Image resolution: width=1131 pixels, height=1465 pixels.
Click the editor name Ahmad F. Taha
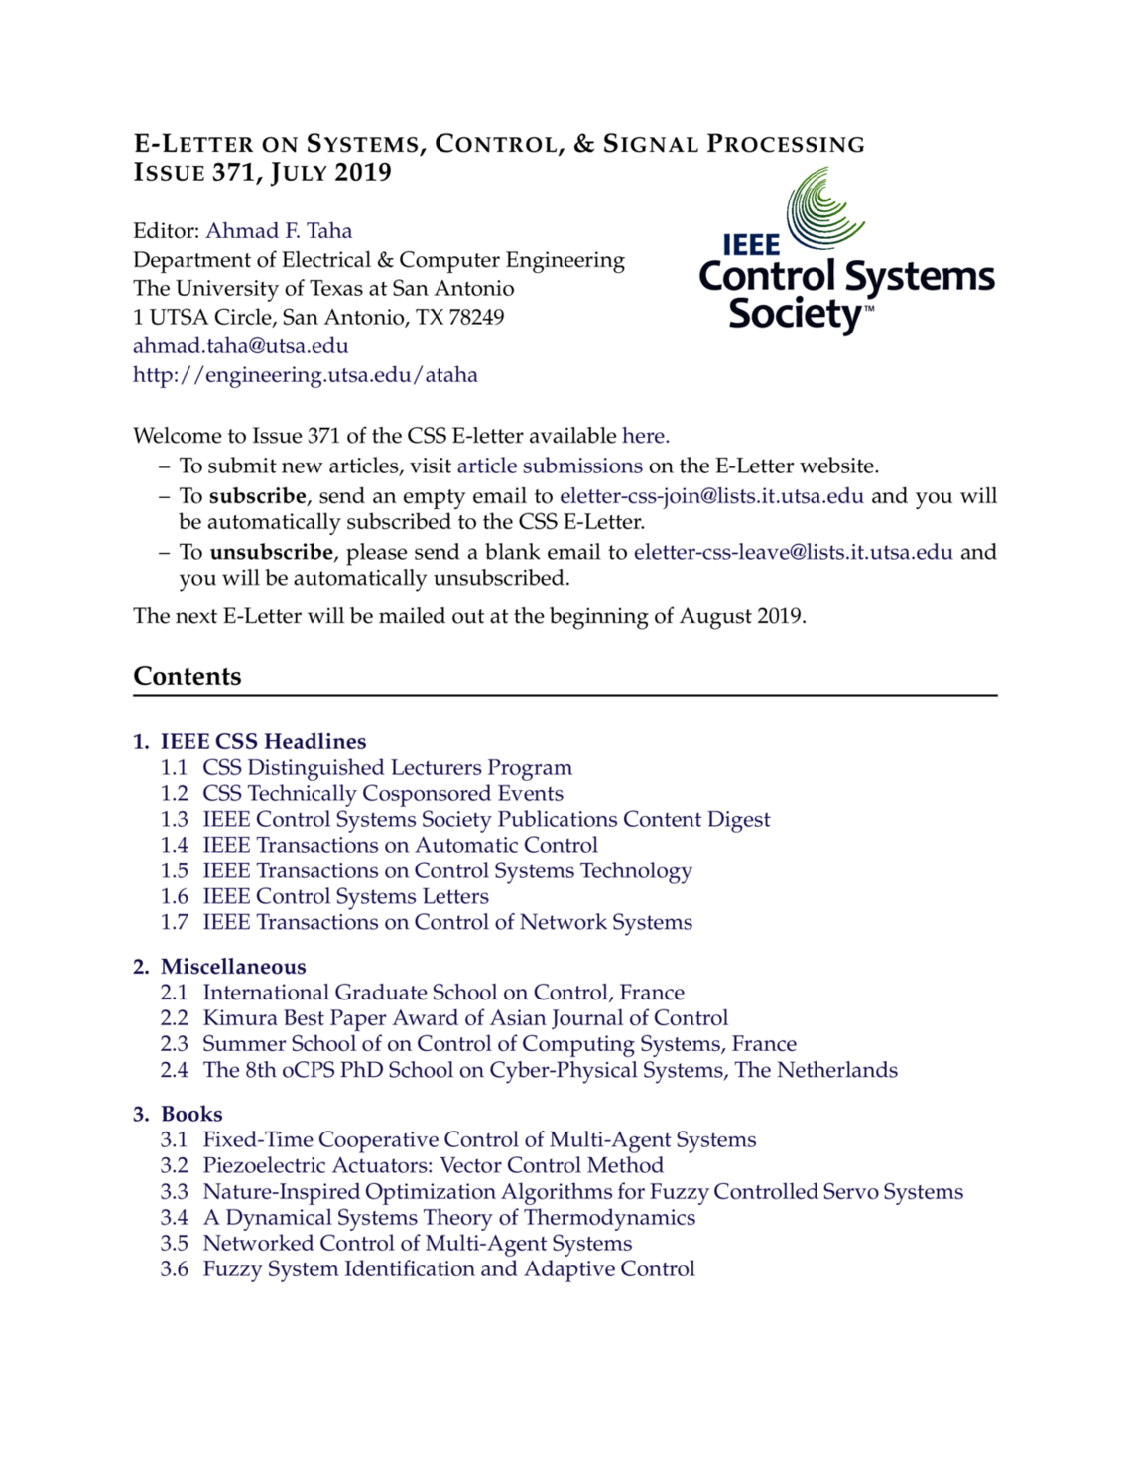pyautogui.click(x=279, y=231)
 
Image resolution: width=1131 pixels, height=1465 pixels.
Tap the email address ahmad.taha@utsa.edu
pyautogui.click(x=241, y=346)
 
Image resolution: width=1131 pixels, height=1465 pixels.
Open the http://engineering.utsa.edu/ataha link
pyautogui.click(x=306, y=375)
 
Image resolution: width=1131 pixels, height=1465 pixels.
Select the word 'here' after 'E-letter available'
pyautogui.click(x=644, y=436)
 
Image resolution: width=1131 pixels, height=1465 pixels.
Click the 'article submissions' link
pyautogui.click(x=550, y=466)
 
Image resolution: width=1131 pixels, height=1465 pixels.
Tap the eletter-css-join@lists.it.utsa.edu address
pyautogui.click(x=711, y=496)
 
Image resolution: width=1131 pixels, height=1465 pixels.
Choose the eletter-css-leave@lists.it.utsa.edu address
pyautogui.click(x=793, y=552)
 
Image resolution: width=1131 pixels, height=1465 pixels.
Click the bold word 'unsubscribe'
pyautogui.click(x=271, y=552)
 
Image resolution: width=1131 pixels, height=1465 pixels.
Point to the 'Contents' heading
pyautogui.click(x=188, y=676)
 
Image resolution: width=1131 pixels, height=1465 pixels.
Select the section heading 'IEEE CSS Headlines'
pyautogui.click(x=263, y=741)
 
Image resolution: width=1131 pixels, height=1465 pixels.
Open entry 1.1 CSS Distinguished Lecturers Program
pyautogui.click(x=387, y=767)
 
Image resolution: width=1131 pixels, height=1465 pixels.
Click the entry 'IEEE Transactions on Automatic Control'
pyautogui.click(x=400, y=845)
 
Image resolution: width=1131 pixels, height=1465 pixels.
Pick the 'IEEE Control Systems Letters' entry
pyautogui.click(x=345, y=896)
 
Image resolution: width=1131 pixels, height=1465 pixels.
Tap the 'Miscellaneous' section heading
pyautogui.click(x=233, y=967)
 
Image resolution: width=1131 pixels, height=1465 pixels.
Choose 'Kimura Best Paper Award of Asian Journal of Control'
pyautogui.click(x=465, y=1018)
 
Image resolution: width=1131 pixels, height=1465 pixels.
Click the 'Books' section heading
pyautogui.click(x=191, y=1114)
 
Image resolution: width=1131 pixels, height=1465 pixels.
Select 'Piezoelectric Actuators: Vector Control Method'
pyautogui.click(x=433, y=1165)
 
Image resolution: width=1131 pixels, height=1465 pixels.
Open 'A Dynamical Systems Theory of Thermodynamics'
pyautogui.click(x=448, y=1217)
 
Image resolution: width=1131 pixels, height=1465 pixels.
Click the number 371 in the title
pyautogui.click(x=234, y=173)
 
